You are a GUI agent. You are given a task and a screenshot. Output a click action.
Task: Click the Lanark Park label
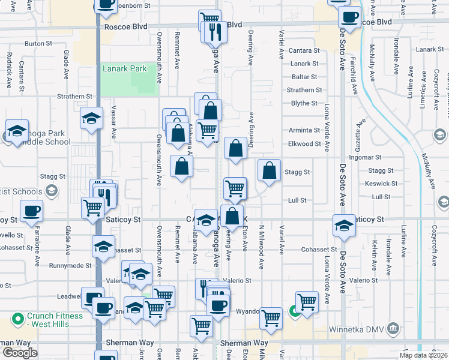(125, 69)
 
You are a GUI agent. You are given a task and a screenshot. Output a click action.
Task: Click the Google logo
(20, 353)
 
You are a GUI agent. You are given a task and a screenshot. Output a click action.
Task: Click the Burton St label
(38, 44)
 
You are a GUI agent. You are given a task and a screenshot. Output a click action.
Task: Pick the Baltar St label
(304, 77)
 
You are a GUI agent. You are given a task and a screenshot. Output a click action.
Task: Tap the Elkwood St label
(304, 144)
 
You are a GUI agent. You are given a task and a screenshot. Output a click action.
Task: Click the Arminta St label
(304, 130)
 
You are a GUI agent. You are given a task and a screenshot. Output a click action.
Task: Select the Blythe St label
(304, 103)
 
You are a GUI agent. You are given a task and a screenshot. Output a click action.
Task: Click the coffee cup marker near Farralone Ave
(31, 210)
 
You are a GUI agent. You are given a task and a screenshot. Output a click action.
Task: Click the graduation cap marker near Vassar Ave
(92, 118)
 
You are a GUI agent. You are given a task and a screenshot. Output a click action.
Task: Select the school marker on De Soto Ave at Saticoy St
(344, 226)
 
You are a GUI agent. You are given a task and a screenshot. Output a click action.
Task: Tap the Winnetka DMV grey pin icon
(393, 328)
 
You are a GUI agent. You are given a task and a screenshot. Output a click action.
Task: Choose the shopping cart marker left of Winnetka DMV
(307, 301)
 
